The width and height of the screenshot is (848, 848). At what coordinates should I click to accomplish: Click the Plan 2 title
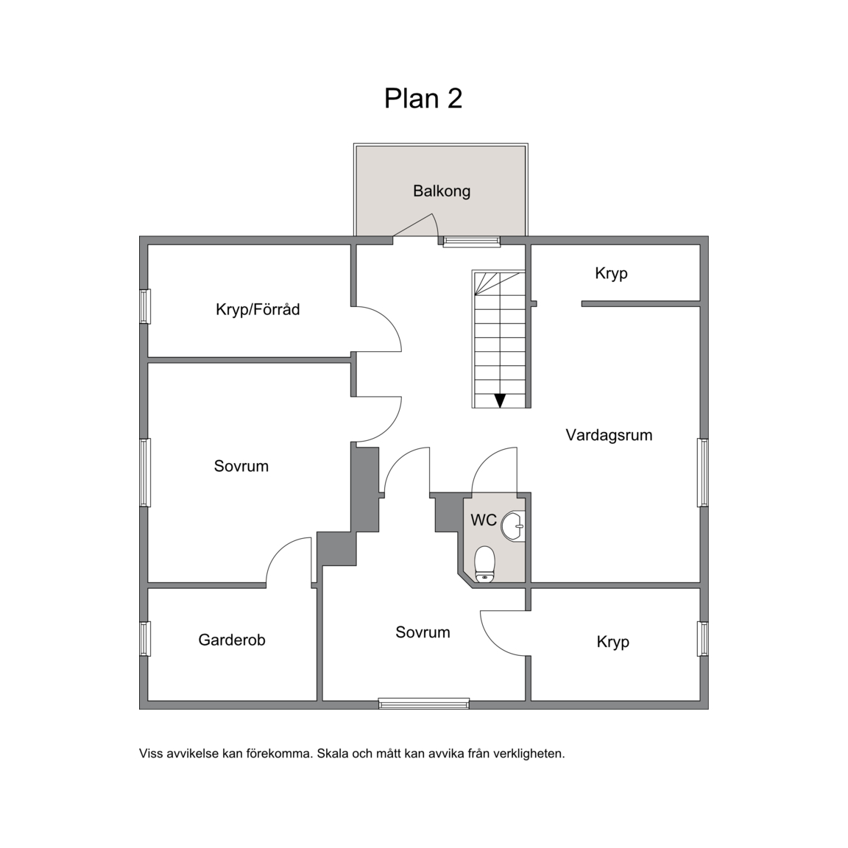pos(423,99)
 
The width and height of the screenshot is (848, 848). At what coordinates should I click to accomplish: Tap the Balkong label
pos(442,191)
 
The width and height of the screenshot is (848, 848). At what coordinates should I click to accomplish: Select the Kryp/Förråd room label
pos(258,309)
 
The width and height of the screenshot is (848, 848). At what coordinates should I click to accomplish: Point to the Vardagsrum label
pos(609,435)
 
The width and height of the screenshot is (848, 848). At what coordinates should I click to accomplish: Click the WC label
pos(484,520)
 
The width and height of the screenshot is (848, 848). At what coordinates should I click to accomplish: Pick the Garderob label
pos(231,640)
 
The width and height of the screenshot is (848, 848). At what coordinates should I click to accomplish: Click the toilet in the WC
pos(485,564)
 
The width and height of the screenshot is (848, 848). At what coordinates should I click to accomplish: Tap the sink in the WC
pos(512,526)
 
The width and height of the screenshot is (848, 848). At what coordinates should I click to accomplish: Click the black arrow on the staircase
pos(500,400)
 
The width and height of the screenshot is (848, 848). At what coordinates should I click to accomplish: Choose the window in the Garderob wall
pos(145,639)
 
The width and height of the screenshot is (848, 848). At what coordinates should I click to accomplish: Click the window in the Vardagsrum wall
pos(702,473)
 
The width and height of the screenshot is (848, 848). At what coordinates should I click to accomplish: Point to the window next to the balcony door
pos(472,241)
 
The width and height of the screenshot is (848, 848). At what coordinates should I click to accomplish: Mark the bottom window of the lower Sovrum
pos(423,704)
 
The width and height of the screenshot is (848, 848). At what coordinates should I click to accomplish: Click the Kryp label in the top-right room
pos(611,274)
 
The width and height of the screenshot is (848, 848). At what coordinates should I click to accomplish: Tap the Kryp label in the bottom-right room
pos(612,642)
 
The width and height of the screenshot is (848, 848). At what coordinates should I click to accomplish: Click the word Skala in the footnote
pos(333,753)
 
